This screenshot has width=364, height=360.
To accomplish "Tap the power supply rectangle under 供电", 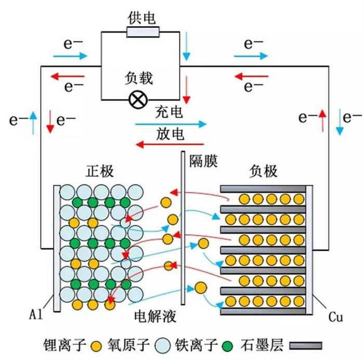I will coord(142,33).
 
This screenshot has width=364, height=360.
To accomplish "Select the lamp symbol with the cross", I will coord(138,99).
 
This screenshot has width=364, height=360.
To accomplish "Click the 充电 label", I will coord(169,112).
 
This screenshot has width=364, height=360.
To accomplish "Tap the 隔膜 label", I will coord(203,161).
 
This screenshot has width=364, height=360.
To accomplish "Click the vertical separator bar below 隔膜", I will coord(183,229).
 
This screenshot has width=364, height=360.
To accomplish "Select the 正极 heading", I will coord(100,171).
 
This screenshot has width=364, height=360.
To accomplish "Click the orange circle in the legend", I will coord(95,345).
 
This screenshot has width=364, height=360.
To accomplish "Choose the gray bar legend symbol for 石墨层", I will coord(305,345).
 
